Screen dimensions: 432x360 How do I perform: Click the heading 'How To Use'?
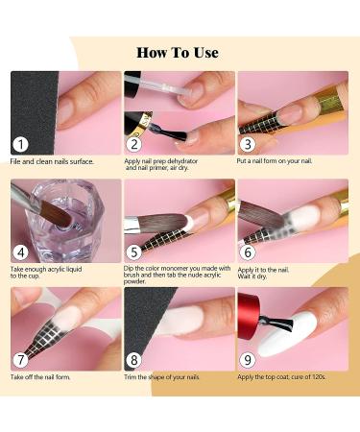pyautogui.click(x=178, y=52)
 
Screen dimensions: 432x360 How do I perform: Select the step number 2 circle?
pyautogui.click(x=135, y=144)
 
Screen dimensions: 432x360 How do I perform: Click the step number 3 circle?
pyautogui.click(x=249, y=144)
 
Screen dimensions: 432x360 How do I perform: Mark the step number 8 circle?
pyautogui.click(x=135, y=361)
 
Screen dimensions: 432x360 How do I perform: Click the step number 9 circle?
pyautogui.click(x=249, y=361)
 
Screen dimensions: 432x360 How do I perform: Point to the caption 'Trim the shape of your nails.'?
pyautogui.click(x=168, y=378)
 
